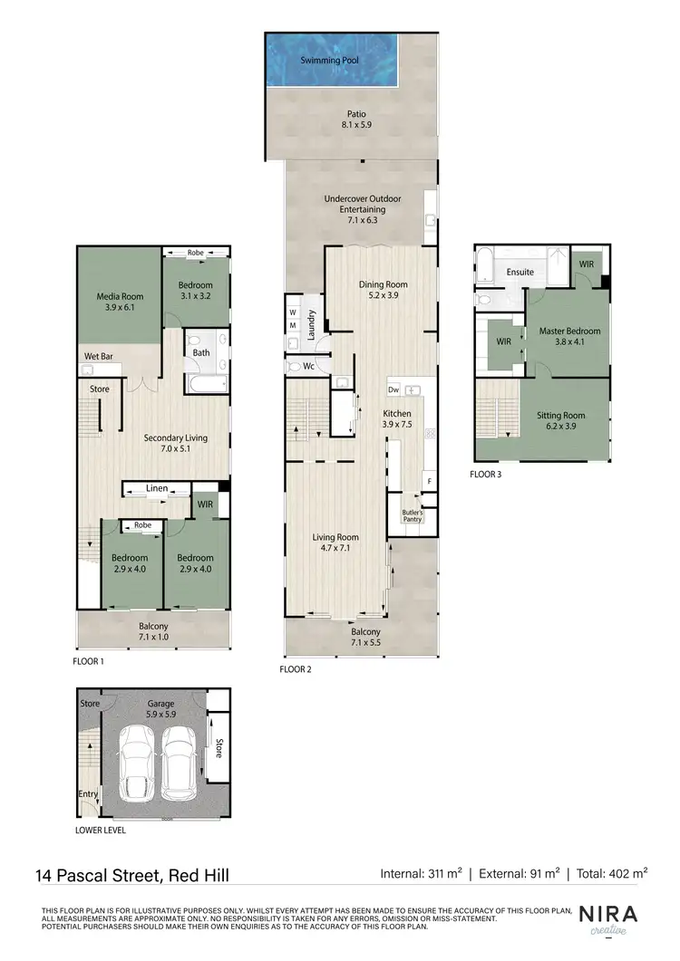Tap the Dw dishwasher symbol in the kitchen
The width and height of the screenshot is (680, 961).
point(393,389)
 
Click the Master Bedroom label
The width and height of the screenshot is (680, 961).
point(569,337)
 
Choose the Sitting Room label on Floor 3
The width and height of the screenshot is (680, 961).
point(560,420)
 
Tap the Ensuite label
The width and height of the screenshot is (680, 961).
point(520,272)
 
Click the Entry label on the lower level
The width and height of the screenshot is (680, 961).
point(88,795)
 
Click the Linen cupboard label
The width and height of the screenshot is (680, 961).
point(156,489)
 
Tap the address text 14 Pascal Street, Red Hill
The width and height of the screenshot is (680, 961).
point(132,874)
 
